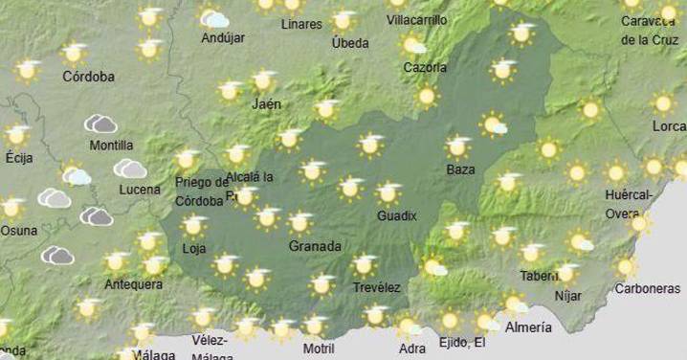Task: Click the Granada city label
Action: pos(315,246)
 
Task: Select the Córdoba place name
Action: pos(88,76)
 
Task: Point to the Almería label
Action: pos(528,327)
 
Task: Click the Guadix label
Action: pos(396,215)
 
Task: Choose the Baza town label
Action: pos(460,170)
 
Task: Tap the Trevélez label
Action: pos(376,286)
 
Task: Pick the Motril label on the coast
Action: pos(318,349)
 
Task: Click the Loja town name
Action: pos(194,250)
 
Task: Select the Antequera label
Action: pos(133,283)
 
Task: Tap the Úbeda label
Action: pos(349,42)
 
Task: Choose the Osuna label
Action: pos(18,230)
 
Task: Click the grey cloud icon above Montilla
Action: pos(100,124)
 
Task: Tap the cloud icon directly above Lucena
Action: pos(130,169)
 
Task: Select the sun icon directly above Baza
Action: pos(459,146)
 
